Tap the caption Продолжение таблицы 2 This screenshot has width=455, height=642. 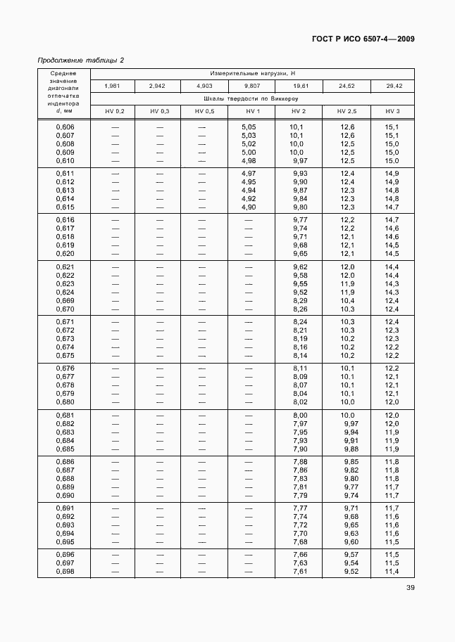click(x=80, y=60)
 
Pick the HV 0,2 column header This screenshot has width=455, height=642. click(x=114, y=112)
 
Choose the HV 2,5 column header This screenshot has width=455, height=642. click(x=347, y=112)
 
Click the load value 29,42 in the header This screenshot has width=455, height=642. click(x=392, y=86)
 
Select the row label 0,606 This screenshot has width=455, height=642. click(x=65, y=127)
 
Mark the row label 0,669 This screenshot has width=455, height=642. click(x=65, y=300)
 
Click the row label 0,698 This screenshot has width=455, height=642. click(x=65, y=571)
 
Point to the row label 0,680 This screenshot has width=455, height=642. click(x=65, y=402)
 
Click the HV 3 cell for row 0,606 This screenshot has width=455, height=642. click(x=392, y=127)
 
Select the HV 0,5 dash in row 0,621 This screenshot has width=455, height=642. click(x=204, y=267)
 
